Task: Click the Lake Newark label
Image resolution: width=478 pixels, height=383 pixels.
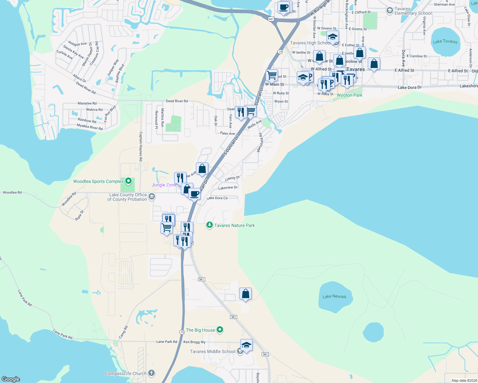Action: pos(334,297)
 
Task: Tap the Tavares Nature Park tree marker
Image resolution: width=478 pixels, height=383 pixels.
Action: pos(209,225)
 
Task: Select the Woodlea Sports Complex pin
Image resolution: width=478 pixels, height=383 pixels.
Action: pos(128,181)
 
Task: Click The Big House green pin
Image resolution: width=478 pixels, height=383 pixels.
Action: pos(220,329)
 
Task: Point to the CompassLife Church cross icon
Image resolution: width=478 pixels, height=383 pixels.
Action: pos(151,373)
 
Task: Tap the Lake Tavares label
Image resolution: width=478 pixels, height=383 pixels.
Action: pos(445,41)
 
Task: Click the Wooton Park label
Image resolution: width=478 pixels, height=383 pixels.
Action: pos(350,95)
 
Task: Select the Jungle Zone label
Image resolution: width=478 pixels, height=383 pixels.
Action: pos(164,185)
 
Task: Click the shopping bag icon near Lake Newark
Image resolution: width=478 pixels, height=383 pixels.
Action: pos(245,294)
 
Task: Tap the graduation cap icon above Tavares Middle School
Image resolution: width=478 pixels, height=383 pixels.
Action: pos(246,345)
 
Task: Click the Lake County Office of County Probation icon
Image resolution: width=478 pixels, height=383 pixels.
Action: pos(152,196)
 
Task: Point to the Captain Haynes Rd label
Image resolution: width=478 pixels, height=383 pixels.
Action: pos(141,146)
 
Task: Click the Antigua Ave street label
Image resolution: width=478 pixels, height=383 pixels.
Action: pos(77,44)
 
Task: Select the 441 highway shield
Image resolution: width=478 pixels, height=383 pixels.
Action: pos(271,19)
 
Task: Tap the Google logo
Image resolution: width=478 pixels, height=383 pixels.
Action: pos(11,379)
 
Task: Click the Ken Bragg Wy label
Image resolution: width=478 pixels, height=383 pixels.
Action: pos(194,342)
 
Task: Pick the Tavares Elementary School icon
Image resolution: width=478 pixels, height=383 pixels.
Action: pos(389,11)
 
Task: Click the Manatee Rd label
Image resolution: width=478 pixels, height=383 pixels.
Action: pos(87,103)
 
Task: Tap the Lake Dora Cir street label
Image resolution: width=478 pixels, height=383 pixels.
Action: pos(217,198)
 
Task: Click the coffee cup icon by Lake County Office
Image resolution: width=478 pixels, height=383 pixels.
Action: pos(194,194)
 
